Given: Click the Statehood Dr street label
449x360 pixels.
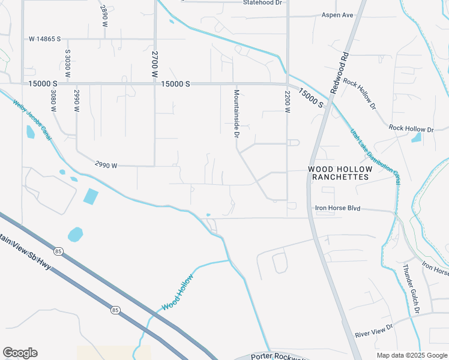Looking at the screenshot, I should [262, 3].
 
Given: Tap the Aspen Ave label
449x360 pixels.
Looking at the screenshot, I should [337, 15].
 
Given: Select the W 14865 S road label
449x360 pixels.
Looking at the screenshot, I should [45, 39].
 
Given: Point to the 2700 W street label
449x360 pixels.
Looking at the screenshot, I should [154, 64].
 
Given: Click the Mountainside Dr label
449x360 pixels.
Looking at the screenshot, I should [237, 113].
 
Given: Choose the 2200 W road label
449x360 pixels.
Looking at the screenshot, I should [288, 102].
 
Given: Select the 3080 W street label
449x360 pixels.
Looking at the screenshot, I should [53, 101].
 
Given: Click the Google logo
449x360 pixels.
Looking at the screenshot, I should [20, 353].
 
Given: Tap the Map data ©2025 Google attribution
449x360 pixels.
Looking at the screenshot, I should [411, 355].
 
